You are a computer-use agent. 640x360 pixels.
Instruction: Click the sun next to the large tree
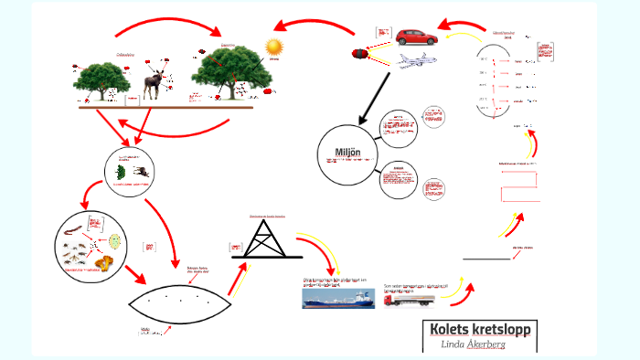pos(272,47)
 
